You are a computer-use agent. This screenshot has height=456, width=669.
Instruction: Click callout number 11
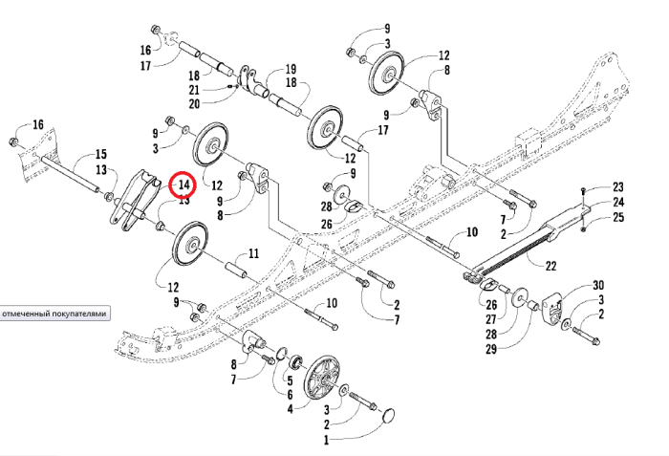point(254,253)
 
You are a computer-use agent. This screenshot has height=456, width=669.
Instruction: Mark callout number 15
point(100,154)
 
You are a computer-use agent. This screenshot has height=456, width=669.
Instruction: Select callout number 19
point(291,69)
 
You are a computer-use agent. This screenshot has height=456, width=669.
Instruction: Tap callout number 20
point(221,103)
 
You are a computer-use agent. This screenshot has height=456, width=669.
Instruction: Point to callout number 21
point(221,89)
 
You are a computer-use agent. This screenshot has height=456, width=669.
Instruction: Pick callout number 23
point(617,186)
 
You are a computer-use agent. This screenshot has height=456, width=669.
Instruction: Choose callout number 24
point(617,202)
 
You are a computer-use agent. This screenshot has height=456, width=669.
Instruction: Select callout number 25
point(617,218)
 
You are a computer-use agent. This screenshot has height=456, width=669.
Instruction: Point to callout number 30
point(599,286)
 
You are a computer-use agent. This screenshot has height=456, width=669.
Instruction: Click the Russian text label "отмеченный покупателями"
point(54,314)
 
